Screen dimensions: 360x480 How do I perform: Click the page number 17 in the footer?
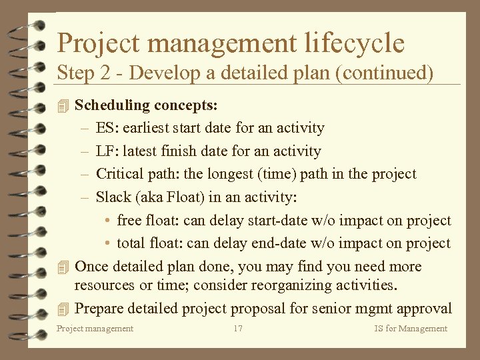[x=238, y=329]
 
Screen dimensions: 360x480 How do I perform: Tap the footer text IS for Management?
[x=411, y=329]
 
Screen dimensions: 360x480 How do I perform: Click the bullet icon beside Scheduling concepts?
[x=63, y=105]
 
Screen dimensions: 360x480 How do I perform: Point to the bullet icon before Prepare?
[x=63, y=309]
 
